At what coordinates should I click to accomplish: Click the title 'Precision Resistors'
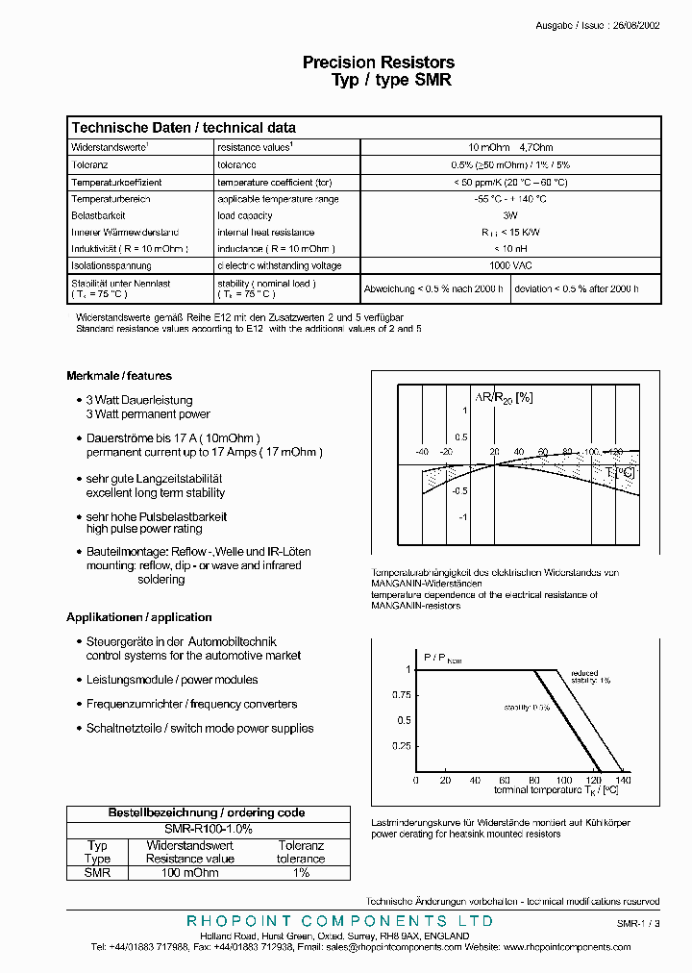[x=379, y=62]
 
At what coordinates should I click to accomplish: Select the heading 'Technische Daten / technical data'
[x=184, y=128]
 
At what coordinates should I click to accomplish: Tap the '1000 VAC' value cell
[x=510, y=265]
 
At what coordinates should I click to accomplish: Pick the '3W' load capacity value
[x=510, y=215]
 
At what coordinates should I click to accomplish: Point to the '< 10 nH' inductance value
[x=510, y=249]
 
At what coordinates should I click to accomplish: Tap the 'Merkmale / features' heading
[x=119, y=376]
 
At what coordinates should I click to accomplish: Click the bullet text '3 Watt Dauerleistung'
[x=139, y=400]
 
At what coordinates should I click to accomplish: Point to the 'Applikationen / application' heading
[x=139, y=617]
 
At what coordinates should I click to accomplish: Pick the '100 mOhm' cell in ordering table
[x=189, y=873]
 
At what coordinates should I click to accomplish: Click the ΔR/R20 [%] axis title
[x=503, y=397]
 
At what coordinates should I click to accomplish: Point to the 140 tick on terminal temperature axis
[x=623, y=780]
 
